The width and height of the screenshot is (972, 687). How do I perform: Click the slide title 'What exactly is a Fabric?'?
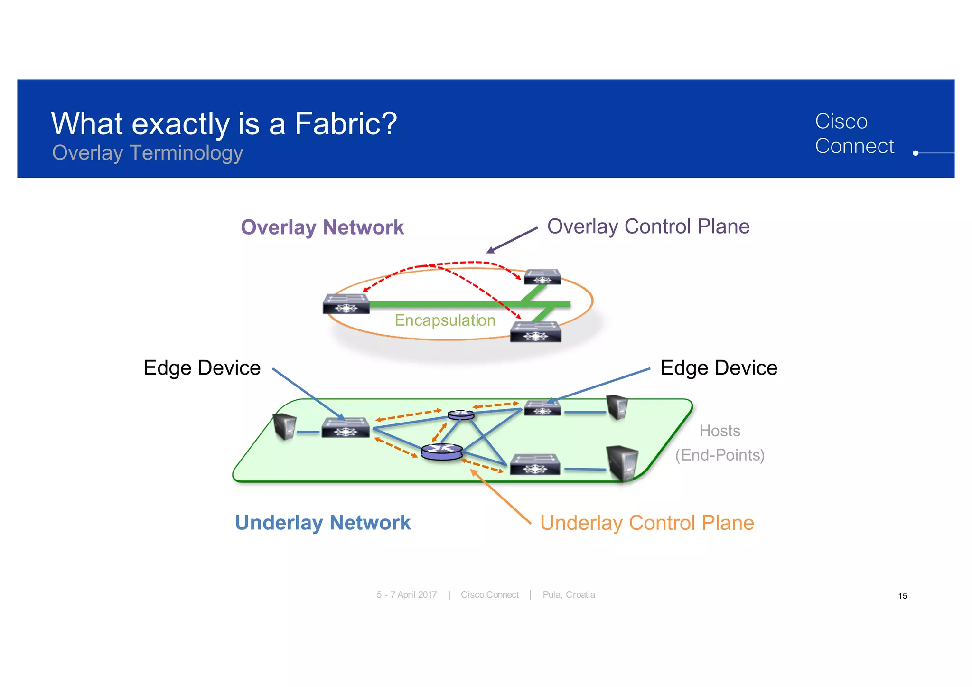224,123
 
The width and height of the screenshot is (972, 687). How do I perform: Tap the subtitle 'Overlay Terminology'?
147,153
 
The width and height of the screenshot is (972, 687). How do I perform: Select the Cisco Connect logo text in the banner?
854,133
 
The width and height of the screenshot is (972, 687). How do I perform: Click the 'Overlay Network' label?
322,227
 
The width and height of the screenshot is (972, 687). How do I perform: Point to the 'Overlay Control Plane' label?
648,226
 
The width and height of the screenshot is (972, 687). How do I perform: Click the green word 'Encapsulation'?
445,320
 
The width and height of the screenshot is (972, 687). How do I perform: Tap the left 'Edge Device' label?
202,368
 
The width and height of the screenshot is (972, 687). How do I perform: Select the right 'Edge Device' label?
719,368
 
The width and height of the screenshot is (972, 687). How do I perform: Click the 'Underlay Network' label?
322,522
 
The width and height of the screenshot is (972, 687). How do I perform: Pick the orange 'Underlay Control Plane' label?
646,523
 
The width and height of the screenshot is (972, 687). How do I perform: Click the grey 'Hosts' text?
720,431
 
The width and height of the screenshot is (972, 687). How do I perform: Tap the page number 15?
902,596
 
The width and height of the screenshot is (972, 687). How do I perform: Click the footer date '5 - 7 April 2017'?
406,595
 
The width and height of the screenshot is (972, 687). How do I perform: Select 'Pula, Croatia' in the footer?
569,595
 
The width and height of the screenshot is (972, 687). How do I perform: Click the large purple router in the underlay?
442,452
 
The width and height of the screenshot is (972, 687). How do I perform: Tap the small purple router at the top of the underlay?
461,414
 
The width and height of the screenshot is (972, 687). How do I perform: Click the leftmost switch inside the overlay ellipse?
346,304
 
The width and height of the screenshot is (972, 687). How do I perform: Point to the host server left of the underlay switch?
285,426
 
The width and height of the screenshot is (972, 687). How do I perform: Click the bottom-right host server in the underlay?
622,463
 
